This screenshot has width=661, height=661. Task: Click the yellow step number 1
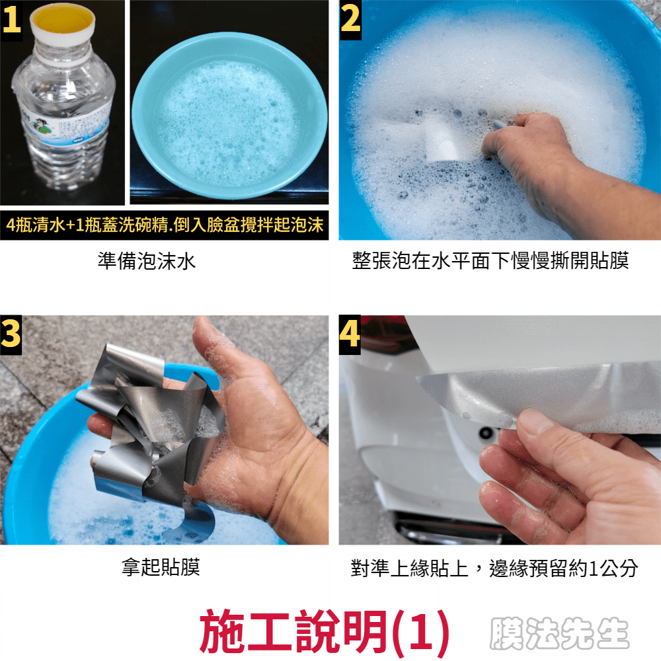pos(11,20)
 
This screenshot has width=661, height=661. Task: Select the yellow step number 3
pos(11,333)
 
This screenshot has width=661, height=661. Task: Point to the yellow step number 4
pos(350,333)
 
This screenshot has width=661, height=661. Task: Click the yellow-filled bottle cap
pos(63,20)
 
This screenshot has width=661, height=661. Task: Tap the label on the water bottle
pos(67,126)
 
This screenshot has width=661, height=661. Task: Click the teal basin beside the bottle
pos(229,116)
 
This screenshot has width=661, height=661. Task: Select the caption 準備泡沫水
pos(147,261)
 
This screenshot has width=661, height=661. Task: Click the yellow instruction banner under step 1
pos(165,225)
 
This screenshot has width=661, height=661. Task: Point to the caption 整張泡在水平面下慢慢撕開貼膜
pos(490,260)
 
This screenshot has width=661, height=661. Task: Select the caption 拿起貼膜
pos(161,567)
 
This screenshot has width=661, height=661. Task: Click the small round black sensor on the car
pos(486,432)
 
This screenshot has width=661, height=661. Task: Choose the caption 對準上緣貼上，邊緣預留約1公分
pos(494,568)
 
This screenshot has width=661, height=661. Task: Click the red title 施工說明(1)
pos(324,631)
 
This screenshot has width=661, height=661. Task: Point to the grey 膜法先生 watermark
pos(559,633)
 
